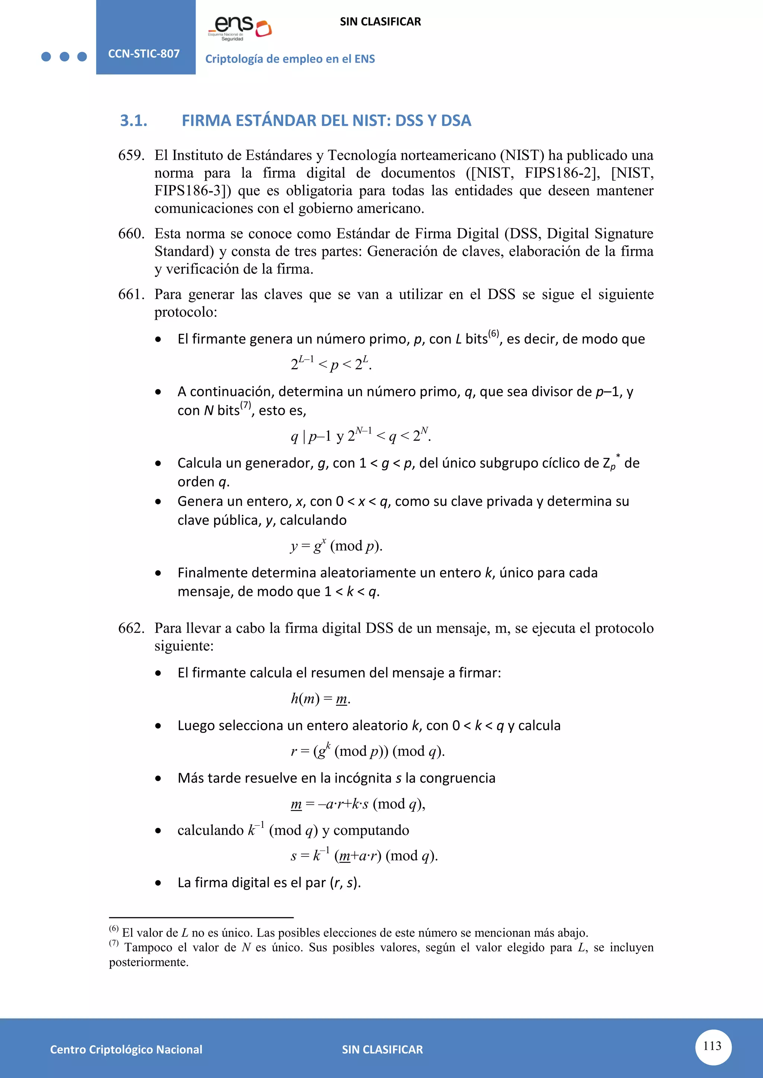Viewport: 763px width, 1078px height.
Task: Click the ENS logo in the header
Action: pos(240,28)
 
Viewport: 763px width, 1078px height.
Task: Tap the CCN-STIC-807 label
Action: pos(144,54)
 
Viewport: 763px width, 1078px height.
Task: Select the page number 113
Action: pos(712,1046)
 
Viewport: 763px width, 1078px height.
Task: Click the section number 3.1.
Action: pos(133,121)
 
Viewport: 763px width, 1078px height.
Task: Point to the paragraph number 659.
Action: pos(131,155)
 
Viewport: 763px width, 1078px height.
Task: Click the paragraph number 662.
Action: pos(131,628)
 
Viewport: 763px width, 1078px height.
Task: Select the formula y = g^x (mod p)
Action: pos(336,546)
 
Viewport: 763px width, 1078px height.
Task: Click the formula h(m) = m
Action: pos(320,699)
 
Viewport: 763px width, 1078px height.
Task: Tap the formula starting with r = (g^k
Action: pos(367,751)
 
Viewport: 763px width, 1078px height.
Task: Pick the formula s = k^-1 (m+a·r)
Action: pos(364,855)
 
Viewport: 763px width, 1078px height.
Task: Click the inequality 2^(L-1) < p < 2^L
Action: pos(331,363)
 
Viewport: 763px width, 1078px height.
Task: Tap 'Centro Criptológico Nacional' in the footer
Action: pos(126,1049)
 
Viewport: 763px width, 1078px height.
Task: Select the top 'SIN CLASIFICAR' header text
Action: pos(380,22)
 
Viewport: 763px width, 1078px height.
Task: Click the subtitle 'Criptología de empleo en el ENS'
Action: pos(290,59)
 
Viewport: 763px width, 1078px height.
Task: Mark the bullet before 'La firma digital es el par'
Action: pos(158,883)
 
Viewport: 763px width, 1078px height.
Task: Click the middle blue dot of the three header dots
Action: pos(64,57)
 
